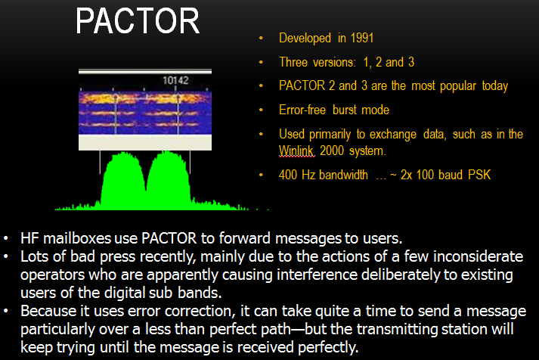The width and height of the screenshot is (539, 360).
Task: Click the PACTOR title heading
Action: [138, 21]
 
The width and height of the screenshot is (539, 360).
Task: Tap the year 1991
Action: [361, 38]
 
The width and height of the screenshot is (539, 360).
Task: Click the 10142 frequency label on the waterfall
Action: [175, 80]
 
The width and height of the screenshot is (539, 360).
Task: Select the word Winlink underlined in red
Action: [296, 151]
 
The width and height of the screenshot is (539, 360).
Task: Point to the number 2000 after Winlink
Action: [332, 151]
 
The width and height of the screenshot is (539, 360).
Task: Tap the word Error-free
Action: [302, 110]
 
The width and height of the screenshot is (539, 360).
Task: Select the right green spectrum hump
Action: [169, 181]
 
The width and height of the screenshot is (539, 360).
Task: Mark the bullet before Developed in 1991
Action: [261, 38]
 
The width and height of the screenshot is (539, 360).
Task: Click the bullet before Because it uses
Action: [6, 311]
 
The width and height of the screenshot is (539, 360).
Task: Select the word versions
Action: [335, 62]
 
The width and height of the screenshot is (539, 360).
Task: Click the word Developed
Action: [305, 38]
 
